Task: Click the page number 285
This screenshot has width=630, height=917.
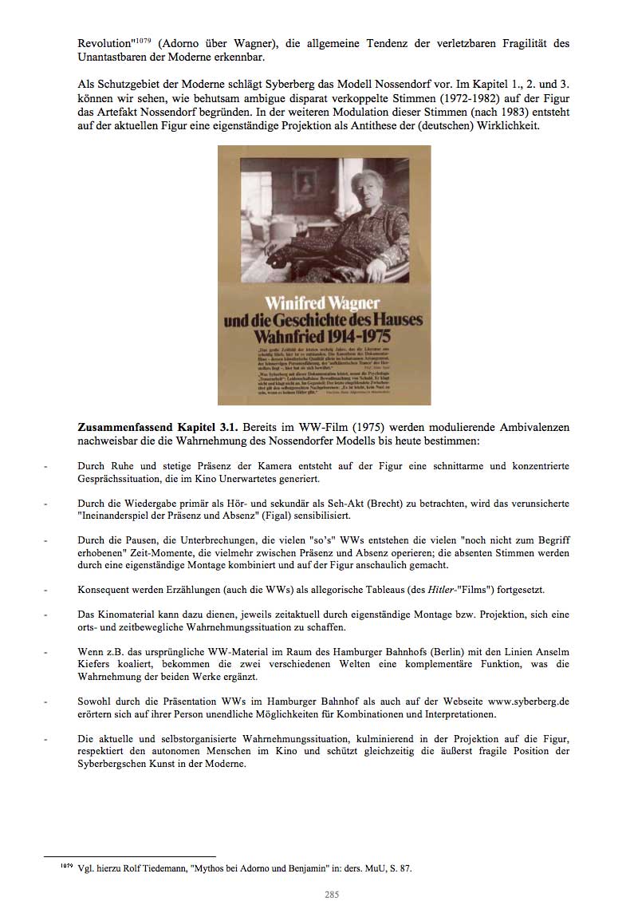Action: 332,895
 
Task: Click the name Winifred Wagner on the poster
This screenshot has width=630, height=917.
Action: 322,304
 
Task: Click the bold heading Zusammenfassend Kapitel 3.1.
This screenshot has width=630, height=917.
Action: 156,428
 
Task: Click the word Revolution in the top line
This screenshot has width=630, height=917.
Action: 104,44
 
